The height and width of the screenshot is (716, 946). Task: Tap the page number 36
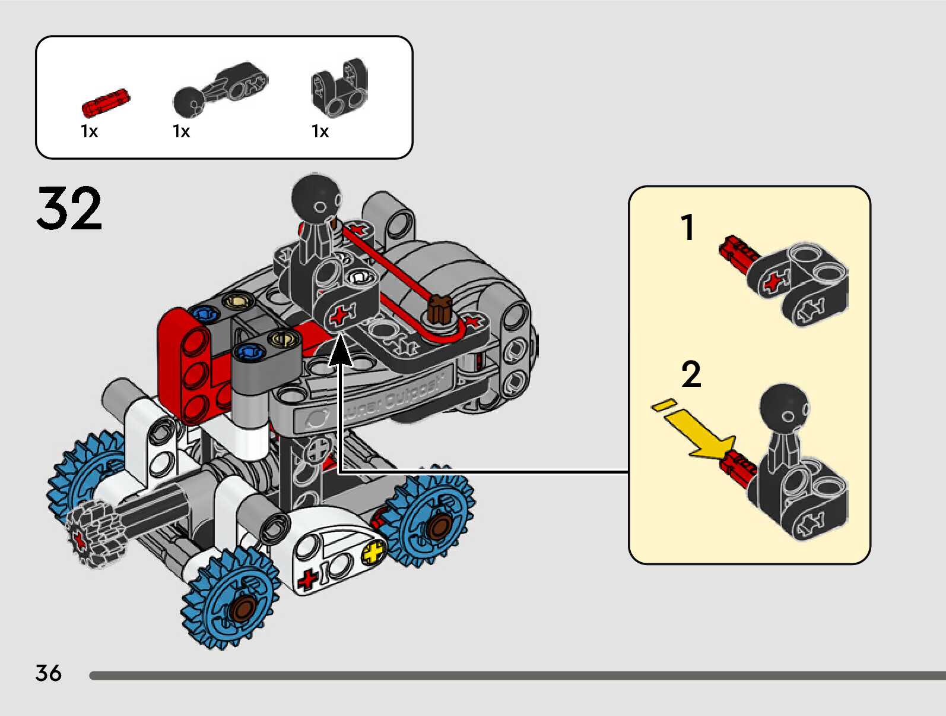pyautogui.click(x=48, y=673)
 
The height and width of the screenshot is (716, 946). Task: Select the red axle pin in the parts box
pyautogui.click(x=105, y=102)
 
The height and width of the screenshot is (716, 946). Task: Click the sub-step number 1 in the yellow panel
pyautogui.click(x=688, y=228)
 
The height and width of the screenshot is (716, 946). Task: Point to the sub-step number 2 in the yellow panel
pyautogui.click(x=691, y=374)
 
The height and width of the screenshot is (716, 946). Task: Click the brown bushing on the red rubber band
pyautogui.click(x=440, y=309)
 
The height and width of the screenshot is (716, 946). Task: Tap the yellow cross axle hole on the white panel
pyautogui.click(x=373, y=553)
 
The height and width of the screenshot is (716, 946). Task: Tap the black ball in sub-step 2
pyautogui.click(x=783, y=408)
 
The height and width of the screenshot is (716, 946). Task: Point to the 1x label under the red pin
pyautogui.click(x=89, y=131)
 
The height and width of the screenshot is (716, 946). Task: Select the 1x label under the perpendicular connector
pyautogui.click(x=320, y=131)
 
